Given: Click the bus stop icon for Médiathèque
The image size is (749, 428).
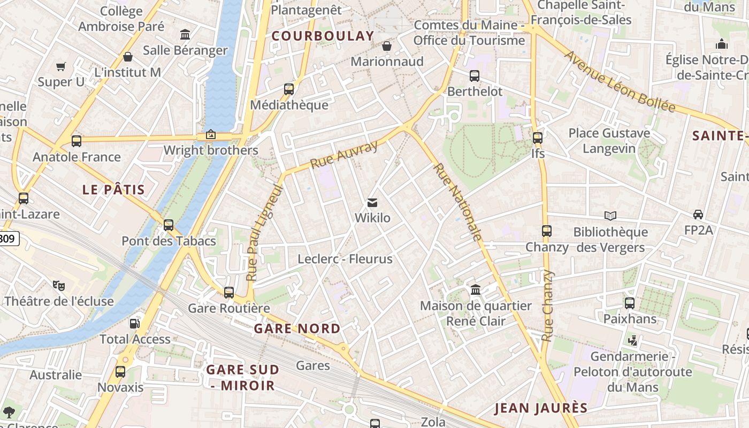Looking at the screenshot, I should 289,89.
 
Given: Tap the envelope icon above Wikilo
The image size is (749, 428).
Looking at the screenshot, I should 372,203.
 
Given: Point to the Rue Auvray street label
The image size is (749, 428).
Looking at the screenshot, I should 344,155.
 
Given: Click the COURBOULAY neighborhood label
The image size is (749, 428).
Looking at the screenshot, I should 323,36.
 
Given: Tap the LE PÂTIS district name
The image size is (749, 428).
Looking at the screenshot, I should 113,189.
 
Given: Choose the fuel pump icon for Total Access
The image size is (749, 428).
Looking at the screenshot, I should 135,323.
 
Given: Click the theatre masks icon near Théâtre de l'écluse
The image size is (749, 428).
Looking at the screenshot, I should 59,286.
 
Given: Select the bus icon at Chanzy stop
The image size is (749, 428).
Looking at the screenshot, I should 546,231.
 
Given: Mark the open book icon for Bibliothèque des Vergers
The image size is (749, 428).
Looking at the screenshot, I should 610,216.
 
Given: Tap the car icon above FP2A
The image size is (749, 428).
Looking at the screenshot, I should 698,215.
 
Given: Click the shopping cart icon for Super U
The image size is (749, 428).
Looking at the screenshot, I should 60,67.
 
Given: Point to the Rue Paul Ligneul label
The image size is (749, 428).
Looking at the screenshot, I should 264,233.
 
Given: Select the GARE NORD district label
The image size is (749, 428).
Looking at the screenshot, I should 297,328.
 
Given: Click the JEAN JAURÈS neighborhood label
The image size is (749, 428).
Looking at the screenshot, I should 541,408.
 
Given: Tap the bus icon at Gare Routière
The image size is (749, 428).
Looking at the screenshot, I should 229,293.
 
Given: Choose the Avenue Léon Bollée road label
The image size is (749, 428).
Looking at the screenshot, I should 620,81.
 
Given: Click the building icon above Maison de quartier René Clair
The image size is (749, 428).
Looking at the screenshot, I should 476,290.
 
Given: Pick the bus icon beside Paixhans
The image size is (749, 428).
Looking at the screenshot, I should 630,303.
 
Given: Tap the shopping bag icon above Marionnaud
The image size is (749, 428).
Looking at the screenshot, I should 387,47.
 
